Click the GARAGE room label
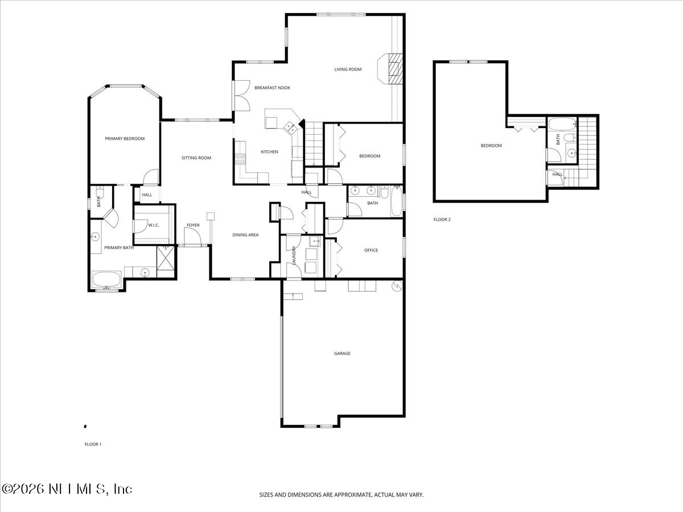[342, 353]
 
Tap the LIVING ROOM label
[348, 69]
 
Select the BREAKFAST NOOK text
[272, 88]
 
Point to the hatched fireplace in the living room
[394, 69]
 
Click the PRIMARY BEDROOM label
[125, 138]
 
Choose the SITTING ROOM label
[196, 158]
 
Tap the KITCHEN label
[269, 152]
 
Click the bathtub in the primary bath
[106, 279]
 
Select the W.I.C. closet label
[154, 225]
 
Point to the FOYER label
[193, 225]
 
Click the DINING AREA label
[245, 234]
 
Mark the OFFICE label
[371, 250]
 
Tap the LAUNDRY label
[294, 254]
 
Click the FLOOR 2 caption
[442, 219]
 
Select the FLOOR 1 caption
[92, 444]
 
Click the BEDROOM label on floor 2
[491, 146]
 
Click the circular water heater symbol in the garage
[398, 286]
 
